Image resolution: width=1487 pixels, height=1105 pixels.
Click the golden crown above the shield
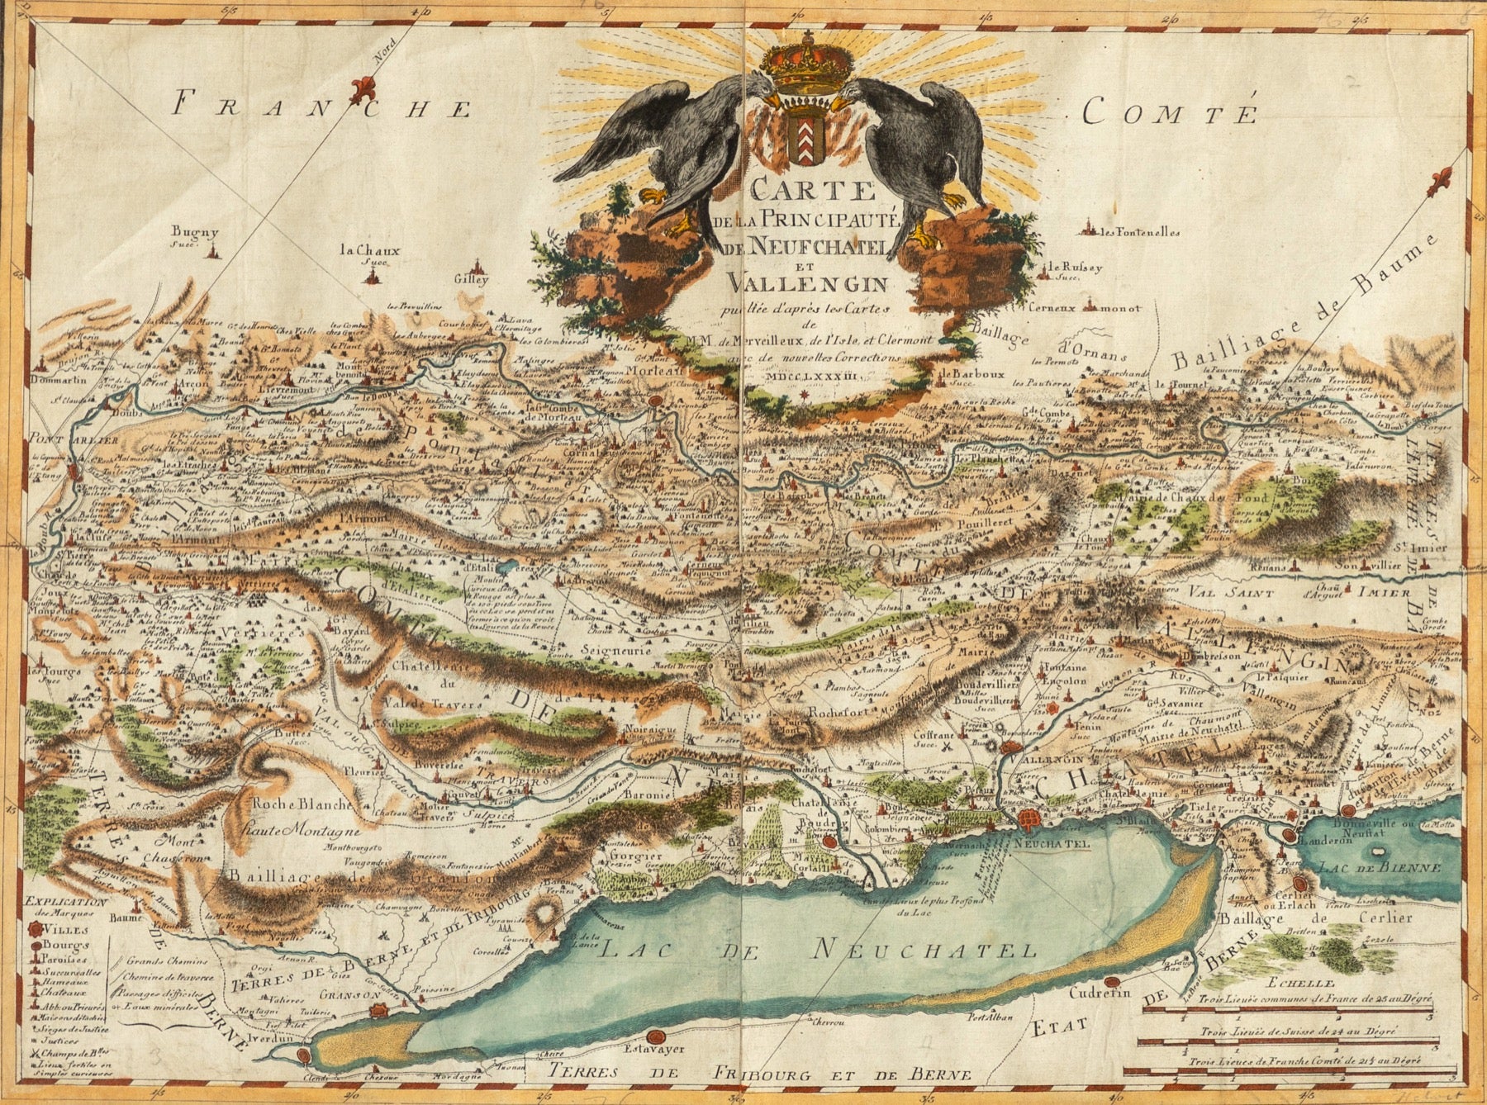[797, 67]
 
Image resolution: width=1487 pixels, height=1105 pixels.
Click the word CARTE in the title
[813, 192]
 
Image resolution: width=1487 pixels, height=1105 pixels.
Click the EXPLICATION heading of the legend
[66, 903]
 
